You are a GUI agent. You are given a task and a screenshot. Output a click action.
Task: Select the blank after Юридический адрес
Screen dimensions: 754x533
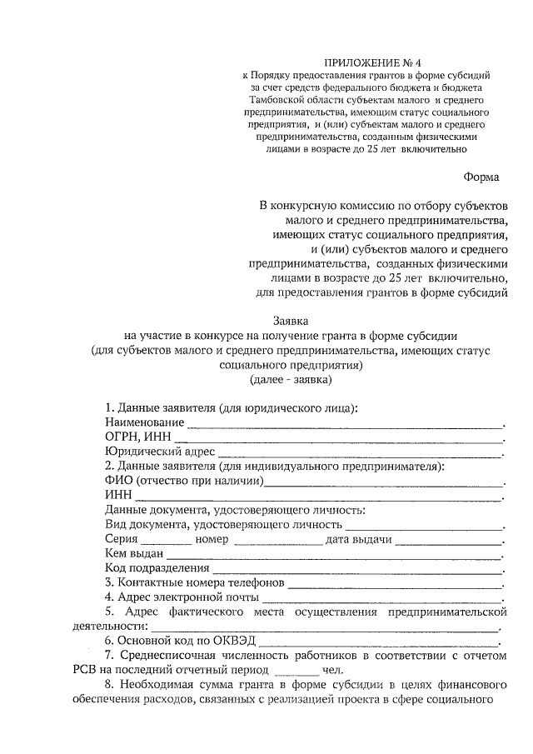point(361,454)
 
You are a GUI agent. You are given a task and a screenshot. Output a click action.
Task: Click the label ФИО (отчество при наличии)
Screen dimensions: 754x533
point(183,481)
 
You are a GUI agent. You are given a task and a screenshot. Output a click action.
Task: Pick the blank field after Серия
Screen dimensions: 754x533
point(160,542)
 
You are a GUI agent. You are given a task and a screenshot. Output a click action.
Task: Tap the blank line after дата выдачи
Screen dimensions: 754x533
point(448,542)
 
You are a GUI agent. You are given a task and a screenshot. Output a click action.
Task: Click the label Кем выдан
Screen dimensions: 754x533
point(134,553)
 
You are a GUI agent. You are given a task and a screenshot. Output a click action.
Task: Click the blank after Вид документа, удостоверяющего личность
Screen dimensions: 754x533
point(425,527)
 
